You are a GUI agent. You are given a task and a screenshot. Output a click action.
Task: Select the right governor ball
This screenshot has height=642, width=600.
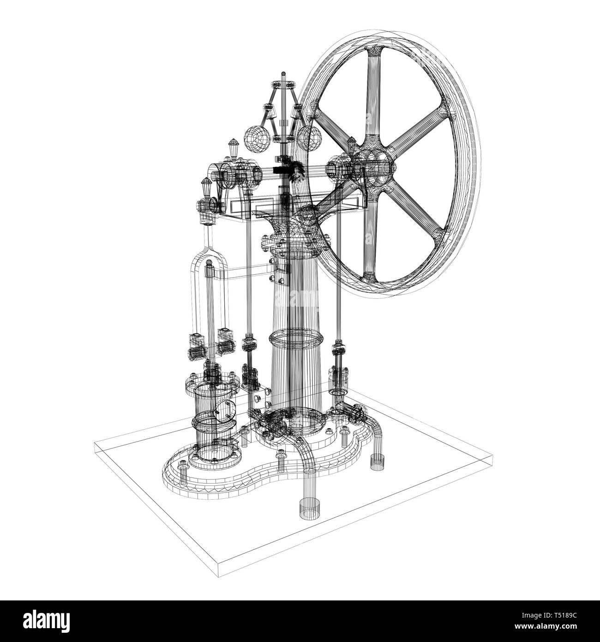tap(309, 137)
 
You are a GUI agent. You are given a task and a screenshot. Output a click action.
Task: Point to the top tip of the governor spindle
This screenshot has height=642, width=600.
tap(283, 74)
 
